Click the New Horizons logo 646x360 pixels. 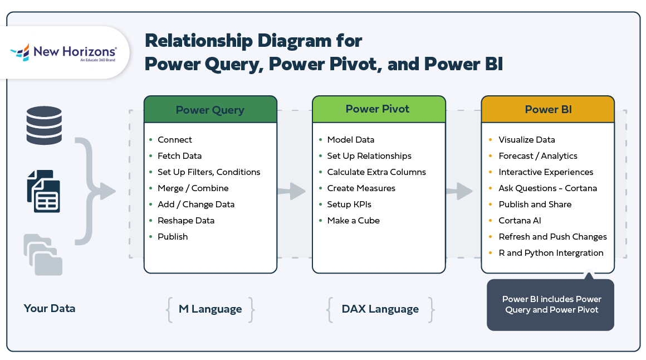point(63,53)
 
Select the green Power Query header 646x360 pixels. point(210,110)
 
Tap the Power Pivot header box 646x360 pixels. point(378,109)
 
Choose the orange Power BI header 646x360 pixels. point(548,110)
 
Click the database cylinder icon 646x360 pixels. point(44,125)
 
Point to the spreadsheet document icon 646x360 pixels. point(43,191)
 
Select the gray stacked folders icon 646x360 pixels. point(43,255)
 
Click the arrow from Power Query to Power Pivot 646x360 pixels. point(292,192)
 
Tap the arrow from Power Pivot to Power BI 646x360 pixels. point(459,192)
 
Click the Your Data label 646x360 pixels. point(50,308)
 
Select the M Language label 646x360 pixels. point(210,309)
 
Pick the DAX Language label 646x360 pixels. point(380,309)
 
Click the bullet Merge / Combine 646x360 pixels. point(193,188)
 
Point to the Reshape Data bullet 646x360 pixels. point(186,221)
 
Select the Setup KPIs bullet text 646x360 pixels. point(349,205)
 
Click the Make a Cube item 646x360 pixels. point(353,221)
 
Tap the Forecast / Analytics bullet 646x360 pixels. point(538,156)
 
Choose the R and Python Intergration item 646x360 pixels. point(551,253)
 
